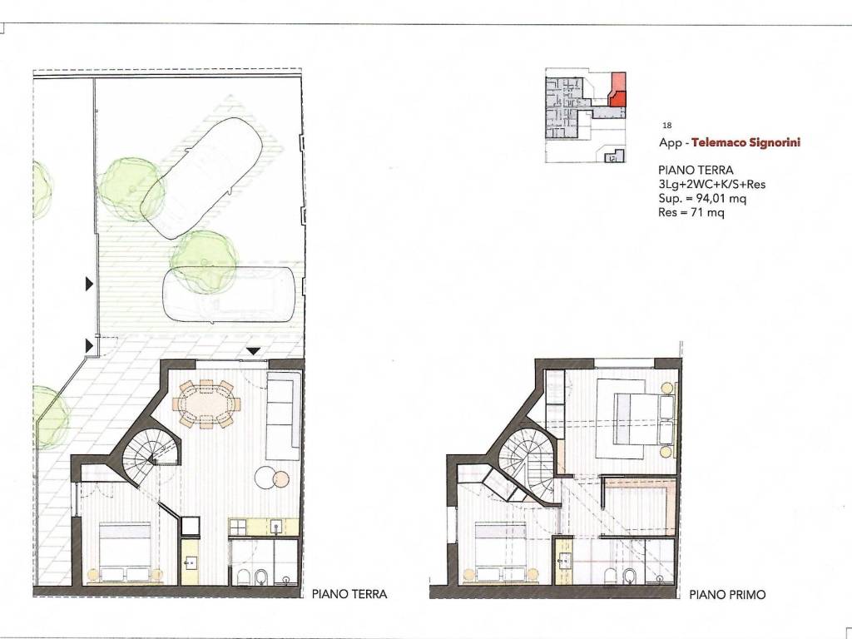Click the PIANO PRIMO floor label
coord(727,595)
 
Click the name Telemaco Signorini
coord(741,142)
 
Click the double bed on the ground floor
coord(125,549)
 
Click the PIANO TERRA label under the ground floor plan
coord(349,595)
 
